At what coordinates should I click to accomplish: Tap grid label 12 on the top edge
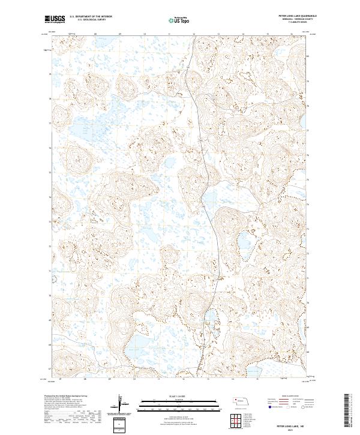[194, 34]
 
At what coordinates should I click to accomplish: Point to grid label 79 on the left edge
[49, 75]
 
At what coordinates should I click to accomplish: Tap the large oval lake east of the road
[244, 242]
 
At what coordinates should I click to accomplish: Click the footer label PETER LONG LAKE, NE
[290, 421]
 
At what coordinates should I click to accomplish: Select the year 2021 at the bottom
[290, 427]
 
